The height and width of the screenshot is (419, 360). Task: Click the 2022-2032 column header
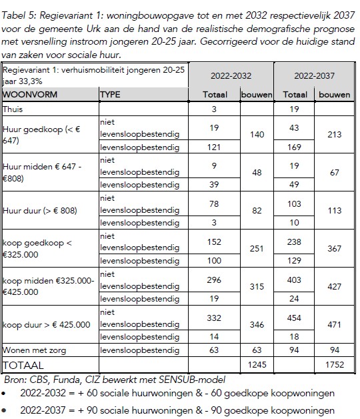231,77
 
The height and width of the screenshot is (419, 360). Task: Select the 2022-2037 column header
314,77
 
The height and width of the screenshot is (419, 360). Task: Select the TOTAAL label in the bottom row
25,365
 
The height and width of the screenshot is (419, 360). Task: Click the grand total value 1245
257,365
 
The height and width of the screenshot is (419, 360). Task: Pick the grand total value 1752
335,365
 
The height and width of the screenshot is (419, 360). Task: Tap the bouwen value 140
257,134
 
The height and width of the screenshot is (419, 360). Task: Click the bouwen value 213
335,134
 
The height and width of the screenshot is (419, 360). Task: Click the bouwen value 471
335,324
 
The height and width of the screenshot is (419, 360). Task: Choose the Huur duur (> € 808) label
40,210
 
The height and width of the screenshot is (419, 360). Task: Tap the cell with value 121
215,147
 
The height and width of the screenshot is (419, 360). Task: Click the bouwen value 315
257,286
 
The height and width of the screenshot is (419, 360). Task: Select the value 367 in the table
335,248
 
